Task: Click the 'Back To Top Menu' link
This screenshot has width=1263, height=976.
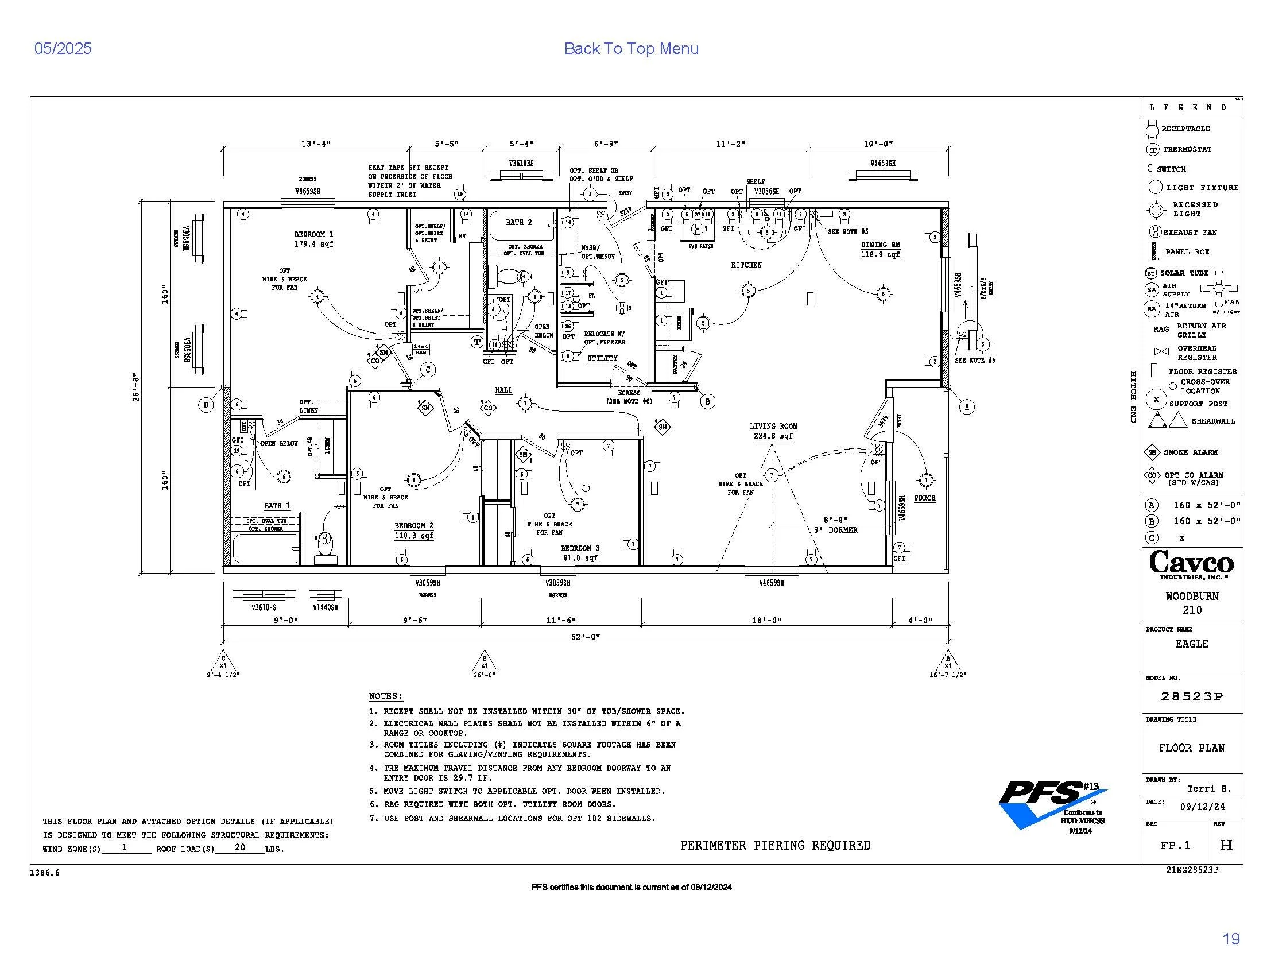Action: coord(631,49)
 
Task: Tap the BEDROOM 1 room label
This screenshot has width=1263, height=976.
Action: coord(313,234)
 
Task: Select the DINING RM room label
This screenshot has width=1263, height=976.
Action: coord(880,245)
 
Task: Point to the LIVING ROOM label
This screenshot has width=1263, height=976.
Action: coord(773,426)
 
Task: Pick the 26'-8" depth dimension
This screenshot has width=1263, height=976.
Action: coord(135,388)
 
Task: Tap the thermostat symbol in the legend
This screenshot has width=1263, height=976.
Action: coord(1153,150)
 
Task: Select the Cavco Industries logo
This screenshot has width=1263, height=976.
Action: coord(1192,564)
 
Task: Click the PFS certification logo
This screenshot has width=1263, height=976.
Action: coord(1052,804)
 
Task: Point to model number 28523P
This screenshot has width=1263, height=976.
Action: coord(1192,697)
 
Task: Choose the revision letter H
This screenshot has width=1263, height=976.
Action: coord(1226,845)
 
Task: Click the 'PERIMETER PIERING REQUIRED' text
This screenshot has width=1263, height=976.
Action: coord(775,845)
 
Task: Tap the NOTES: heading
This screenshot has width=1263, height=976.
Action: coord(385,696)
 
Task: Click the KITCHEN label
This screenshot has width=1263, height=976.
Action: coord(746,265)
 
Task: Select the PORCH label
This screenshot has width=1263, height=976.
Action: coord(925,498)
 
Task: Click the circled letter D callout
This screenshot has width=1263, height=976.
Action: coord(207,405)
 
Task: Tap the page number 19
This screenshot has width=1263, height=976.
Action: coord(1231,939)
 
